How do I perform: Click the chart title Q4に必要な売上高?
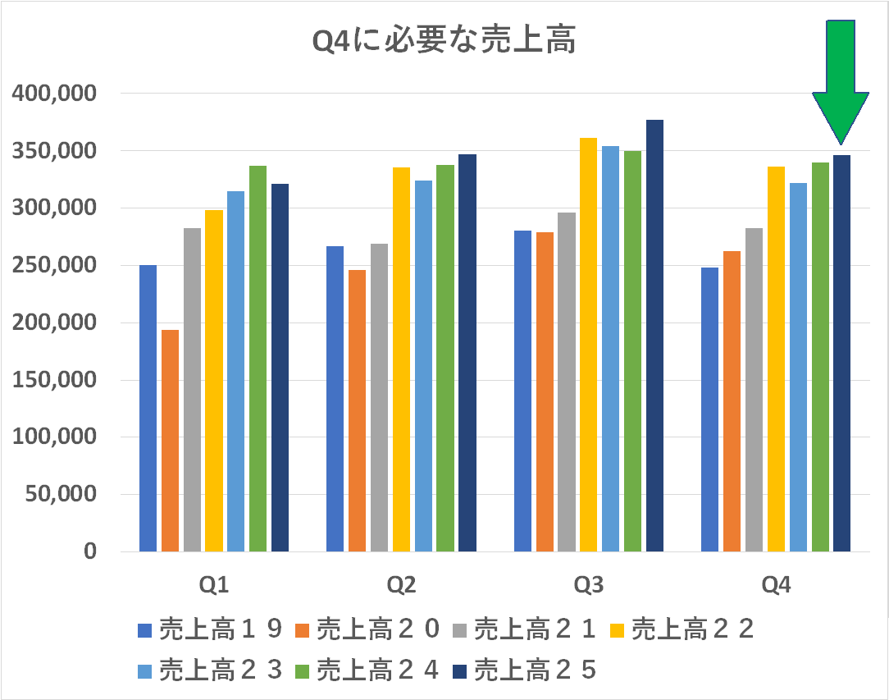tap(444, 41)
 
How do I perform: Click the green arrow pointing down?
tap(841, 82)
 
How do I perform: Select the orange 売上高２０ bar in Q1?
tap(170, 440)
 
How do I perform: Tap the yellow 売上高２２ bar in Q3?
tap(588, 345)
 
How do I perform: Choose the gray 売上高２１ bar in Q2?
tap(379, 397)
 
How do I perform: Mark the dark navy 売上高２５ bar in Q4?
tap(841, 353)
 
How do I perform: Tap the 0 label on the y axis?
tap(89, 551)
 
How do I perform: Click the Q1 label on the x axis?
tap(214, 585)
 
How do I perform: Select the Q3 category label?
tap(588, 585)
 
